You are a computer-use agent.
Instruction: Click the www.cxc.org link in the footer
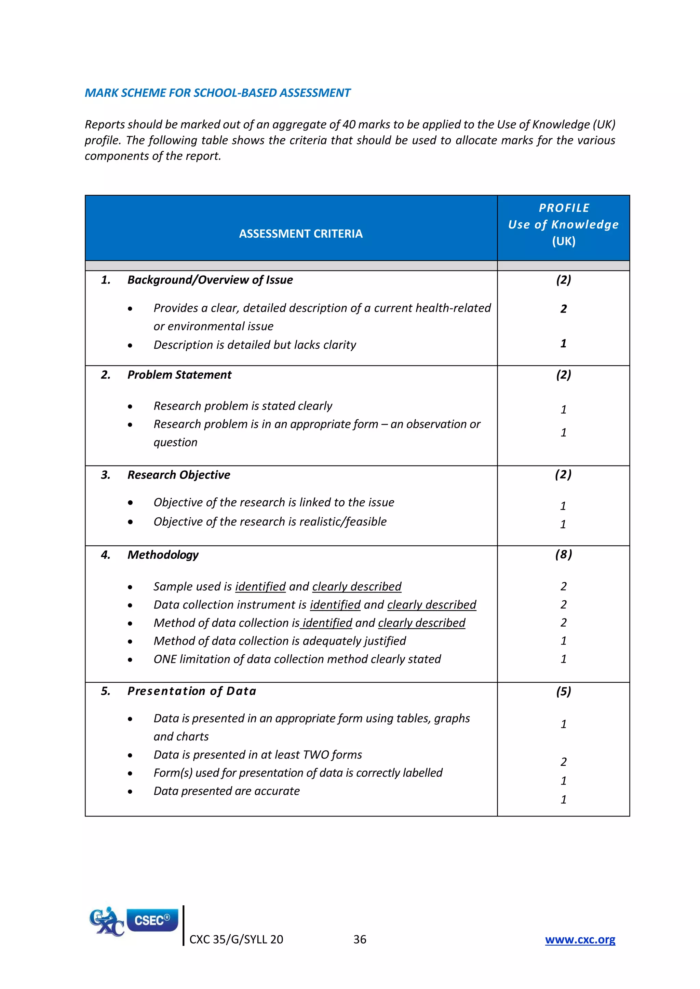click(580, 939)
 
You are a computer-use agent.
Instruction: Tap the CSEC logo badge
click(152, 920)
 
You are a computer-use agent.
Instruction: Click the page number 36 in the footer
click(360, 939)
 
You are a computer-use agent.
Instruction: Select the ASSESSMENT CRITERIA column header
click(301, 234)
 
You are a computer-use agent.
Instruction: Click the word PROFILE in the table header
click(564, 208)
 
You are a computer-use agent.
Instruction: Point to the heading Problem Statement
click(179, 375)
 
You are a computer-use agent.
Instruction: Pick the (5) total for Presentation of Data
click(563, 691)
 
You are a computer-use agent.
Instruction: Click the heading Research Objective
click(178, 475)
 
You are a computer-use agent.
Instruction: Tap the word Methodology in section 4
click(163, 555)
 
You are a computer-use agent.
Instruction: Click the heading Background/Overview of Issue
click(210, 280)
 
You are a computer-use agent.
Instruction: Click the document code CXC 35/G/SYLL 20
click(236, 939)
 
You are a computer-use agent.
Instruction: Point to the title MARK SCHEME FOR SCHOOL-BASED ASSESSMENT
click(217, 93)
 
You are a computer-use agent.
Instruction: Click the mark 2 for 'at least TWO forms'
click(563, 762)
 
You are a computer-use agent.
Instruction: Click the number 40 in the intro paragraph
click(349, 125)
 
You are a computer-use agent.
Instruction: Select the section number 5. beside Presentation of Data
click(106, 691)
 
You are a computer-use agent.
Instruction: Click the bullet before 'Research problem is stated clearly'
click(130, 406)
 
